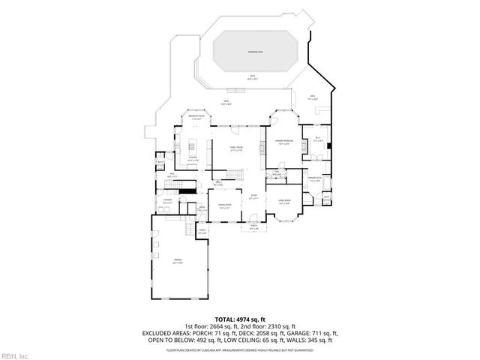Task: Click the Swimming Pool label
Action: (x=256, y=52)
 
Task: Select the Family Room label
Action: (x=236, y=148)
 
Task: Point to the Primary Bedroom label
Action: (x=283, y=142)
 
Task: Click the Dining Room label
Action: (x=224, y=204)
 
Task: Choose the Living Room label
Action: (x=284, y=202)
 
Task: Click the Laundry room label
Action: (x=168, y=201)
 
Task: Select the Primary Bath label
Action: (x=314, y=178)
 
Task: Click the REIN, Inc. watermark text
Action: (x=15, y=355)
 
